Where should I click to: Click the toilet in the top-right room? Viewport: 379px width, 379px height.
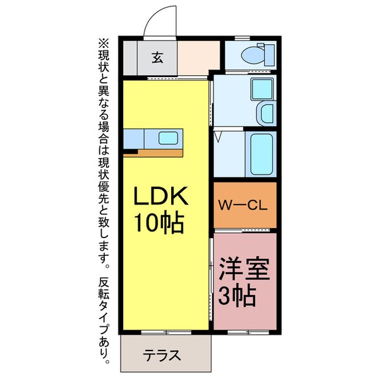255,55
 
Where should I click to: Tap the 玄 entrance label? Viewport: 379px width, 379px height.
158,58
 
